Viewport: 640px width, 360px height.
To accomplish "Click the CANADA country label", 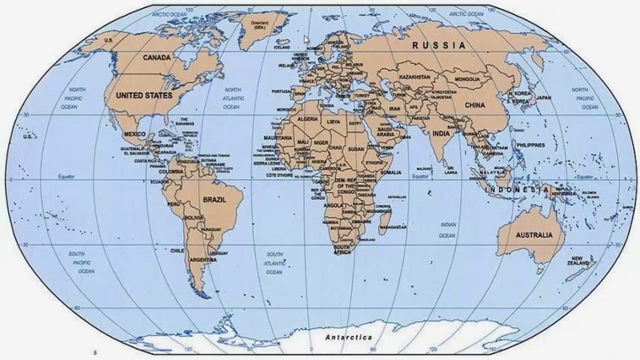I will pyautogui.click(x=156, y=57).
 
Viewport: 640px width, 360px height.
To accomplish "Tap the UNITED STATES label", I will pyautogui.click(x=144, y=95).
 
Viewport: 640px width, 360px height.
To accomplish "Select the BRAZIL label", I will pyautogui.click(x=214, y=199).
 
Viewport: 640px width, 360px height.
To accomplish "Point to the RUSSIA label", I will pyautogui.click(x=438, y=45).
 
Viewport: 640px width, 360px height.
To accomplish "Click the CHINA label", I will pyautogui.click(x=474, y=105).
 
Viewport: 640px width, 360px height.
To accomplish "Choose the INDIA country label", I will pyautogui.click(x=440, y=133).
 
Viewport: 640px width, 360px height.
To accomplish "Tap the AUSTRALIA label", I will pyautogui.click(x=534, y=235).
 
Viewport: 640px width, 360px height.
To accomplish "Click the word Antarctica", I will pyautogui.click(x=348, y=337).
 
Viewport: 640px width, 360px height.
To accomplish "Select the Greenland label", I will pyautogui.click(x=259, y=25).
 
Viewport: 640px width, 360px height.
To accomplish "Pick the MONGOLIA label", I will pyautogui.click(x=467, y=79).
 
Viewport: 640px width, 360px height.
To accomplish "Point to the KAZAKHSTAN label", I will pyautogui.click(x=414, y=77).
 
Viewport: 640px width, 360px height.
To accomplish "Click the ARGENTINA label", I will pyautogui.click(x=203, y=260).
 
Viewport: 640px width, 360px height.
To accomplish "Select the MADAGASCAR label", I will pyautogui.click(x=393, y=227).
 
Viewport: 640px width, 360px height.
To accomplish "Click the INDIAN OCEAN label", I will pyautogui.click(x=447, y=230).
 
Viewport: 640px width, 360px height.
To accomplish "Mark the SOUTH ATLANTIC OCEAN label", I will pyautogui.click(x=274, y=263).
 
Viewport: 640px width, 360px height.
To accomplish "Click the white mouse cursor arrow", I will pyautogui.click(x=306, y=39).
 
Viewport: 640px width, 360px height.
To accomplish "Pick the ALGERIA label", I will pyautogui.click(x=307, y=119).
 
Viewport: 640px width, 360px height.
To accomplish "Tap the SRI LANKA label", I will pyautogui.click(x=451, y=169).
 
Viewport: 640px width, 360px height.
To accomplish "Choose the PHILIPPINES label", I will pyautogui.click(x=530, y=145).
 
